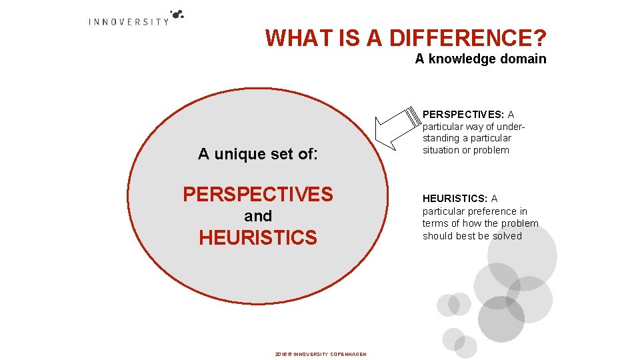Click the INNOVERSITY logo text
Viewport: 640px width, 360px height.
coord(129,21)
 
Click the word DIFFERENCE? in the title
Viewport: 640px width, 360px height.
coord(467,38)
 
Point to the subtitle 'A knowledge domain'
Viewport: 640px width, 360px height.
coord(480,59)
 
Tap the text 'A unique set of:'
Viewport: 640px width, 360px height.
coord(258,155)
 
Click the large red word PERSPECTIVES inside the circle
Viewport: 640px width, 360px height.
coord(258,194)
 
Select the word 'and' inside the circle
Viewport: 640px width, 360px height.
coord(258,216)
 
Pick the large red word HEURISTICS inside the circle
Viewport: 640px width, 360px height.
coord(258,237)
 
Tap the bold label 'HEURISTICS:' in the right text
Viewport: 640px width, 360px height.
coord(455,199)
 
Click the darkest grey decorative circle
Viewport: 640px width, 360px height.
coord(501,319)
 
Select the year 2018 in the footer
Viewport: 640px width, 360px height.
coord(280,354)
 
